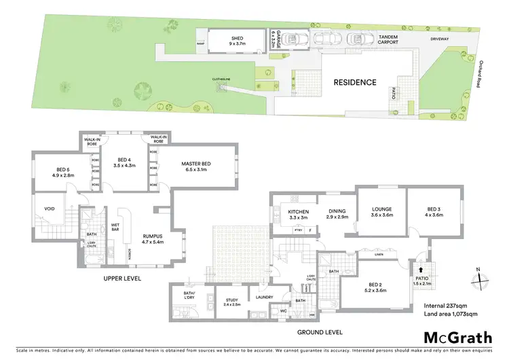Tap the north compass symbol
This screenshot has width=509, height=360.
click(478, 278)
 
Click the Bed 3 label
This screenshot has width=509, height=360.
click(432, 212)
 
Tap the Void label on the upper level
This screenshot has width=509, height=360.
click(49, 210)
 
